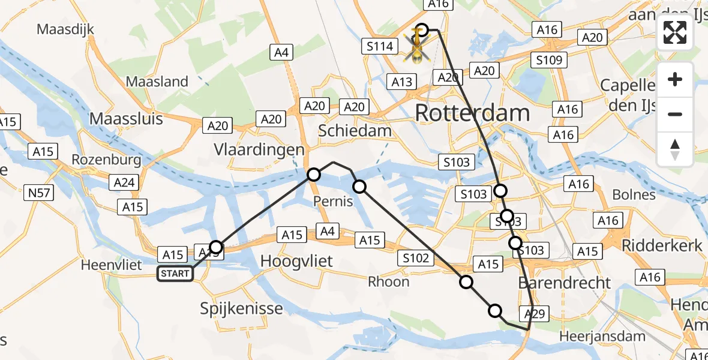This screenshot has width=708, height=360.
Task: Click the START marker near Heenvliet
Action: (175, 274)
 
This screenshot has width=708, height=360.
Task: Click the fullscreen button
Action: (675, 33)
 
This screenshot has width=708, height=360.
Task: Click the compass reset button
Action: (675, 149)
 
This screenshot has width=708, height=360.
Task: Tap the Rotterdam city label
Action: (472, 113)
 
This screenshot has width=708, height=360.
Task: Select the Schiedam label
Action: (355, 130)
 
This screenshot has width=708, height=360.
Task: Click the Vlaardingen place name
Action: (259, 149)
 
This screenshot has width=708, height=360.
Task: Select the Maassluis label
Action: (126, 118)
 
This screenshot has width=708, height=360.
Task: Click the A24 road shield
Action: (124, 183)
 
